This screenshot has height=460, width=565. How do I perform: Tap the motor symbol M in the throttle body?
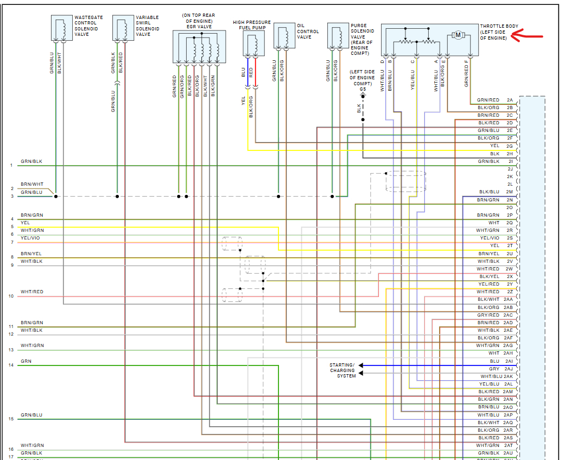point(458,35)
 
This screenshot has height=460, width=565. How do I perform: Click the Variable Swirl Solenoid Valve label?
point(147,26)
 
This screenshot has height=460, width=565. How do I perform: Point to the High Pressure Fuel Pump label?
point(252,24)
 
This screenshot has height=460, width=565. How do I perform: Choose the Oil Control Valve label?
point(308,31)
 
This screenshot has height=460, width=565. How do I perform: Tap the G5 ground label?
point(363,89)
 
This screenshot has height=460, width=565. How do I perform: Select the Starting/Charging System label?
point(342,370)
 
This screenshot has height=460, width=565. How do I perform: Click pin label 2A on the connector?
point(510,100)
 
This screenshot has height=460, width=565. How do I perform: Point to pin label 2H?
point(510,154)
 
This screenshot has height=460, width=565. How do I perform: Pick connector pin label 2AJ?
point(509,369)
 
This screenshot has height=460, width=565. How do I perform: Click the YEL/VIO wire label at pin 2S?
point(490,238)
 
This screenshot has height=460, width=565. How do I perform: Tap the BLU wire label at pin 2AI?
point(494,361)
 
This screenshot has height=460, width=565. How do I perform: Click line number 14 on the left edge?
point(11,365)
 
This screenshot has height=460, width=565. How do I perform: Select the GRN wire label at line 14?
point(26,361)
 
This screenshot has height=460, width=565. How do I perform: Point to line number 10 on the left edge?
point(11,296)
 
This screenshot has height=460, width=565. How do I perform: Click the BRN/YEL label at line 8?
point(31,254)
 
